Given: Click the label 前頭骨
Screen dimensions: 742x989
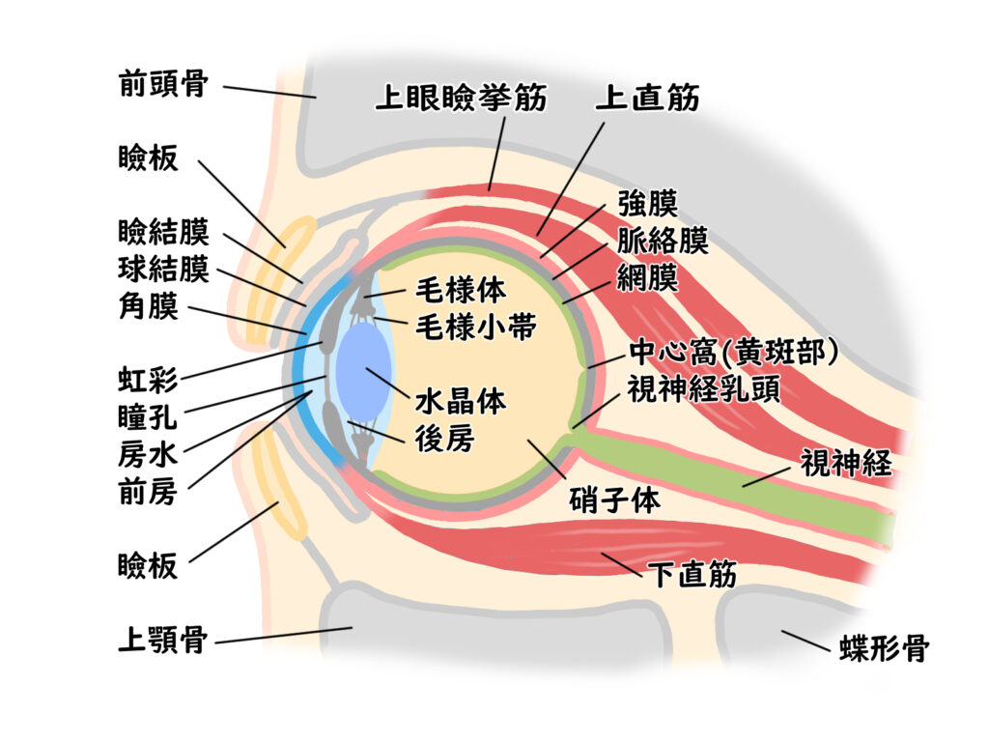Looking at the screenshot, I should [163, 84].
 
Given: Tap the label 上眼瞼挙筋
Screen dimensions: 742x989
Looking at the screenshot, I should [461, 99].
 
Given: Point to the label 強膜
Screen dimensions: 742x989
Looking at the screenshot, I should [648, 204].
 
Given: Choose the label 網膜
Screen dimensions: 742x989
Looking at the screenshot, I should [648, 278].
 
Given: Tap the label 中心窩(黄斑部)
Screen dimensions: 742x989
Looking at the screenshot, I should [732, 353].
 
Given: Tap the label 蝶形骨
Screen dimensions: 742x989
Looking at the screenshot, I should [881, 648].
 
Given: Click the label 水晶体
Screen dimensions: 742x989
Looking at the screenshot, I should [461, 401].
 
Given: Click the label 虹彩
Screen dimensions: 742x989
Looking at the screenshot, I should [148, 380].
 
